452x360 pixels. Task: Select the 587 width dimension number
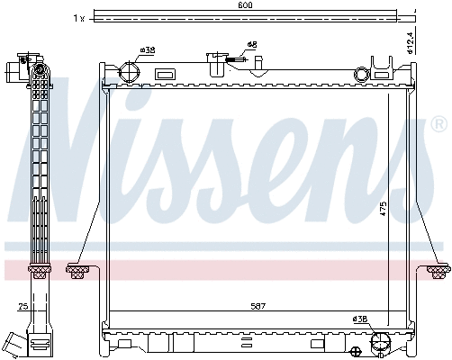[258, 307]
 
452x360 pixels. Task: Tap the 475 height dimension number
[384, 209]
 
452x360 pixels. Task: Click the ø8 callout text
[252, 44]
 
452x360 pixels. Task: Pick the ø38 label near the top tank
[148, 50]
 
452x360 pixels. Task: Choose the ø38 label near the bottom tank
[360, 319]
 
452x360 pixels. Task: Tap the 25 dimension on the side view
[23, 308]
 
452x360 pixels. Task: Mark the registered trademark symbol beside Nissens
[438, 122]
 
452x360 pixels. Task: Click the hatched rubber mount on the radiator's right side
[438, 267]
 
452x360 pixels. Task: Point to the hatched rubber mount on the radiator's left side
[77, 267]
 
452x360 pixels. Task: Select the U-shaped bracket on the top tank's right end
[384, 66]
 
